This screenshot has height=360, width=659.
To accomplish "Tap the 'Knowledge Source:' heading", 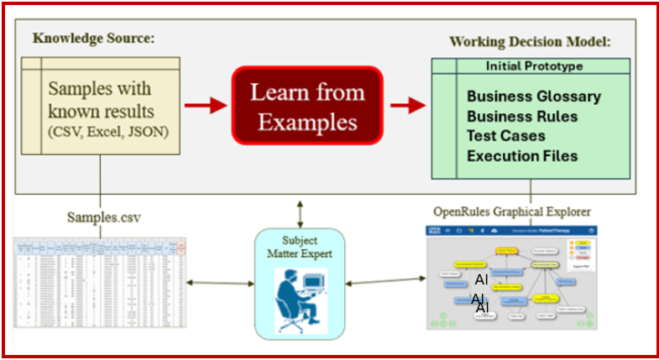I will pos(94,39).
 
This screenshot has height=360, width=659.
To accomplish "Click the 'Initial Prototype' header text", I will pos(534,65).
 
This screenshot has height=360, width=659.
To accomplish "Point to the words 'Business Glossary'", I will pos(533,97).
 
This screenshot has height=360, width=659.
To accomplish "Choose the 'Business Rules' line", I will pos(522,117).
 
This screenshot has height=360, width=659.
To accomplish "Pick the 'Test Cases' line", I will pos(505,136).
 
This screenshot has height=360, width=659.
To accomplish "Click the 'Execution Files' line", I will pos(521,155).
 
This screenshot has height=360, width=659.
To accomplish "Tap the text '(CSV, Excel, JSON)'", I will pos(108,131).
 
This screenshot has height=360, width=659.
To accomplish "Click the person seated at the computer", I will pos(299,298).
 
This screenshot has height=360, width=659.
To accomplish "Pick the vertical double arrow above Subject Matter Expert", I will pos(299,209).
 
